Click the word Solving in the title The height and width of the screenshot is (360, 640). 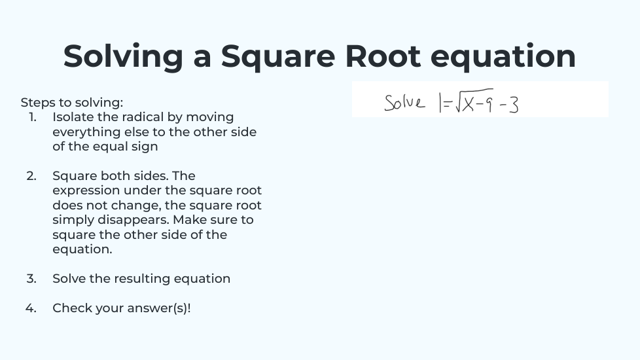click(x=123, y=56)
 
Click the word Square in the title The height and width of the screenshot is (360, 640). click(x=278, y=56)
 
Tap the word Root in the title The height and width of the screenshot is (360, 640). click(x=383, y=56)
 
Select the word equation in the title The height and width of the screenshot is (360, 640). click(x=503, y=56)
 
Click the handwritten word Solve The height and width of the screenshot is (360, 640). click(x=404, y=103)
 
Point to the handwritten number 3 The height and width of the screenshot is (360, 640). click(x=514, y=105)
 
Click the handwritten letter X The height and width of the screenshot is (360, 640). click(x=468, y=103)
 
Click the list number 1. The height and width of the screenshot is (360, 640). click(x=33, y=117)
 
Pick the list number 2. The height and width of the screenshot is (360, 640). click(x=31, y=176)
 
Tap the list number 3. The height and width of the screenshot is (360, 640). click(x=31, y=279)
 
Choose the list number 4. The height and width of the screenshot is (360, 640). click(x=31, y=308)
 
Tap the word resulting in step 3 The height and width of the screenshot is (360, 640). click(x=141, y=279)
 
